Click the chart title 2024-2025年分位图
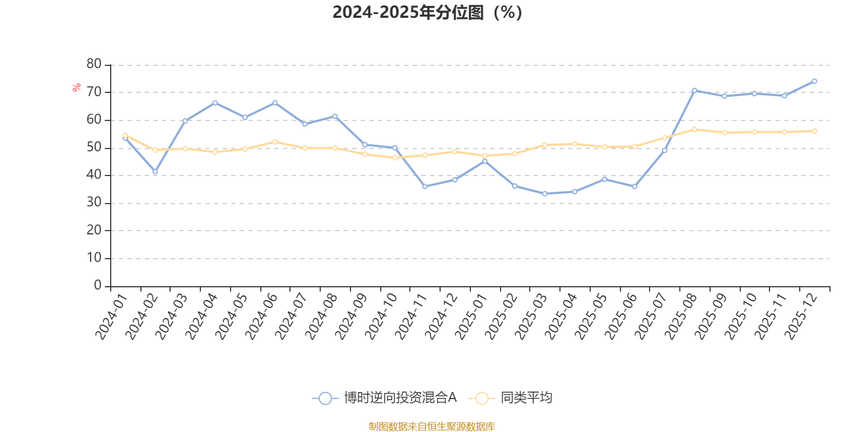point(427,12)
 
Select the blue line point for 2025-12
point(814,82)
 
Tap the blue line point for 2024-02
point(155,172)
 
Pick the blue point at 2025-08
point(694,90)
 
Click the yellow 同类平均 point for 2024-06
point(275,142)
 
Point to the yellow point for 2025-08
point(694,130)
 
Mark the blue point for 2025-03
point(544,193)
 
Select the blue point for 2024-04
point(215,103)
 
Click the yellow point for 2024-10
point(395,158)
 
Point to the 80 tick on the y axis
point(94,64)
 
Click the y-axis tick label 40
point(94,175)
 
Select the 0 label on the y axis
point(98,286)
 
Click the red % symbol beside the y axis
point(77,87)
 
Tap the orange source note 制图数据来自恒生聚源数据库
point(431,427)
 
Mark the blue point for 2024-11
point(424,186)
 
